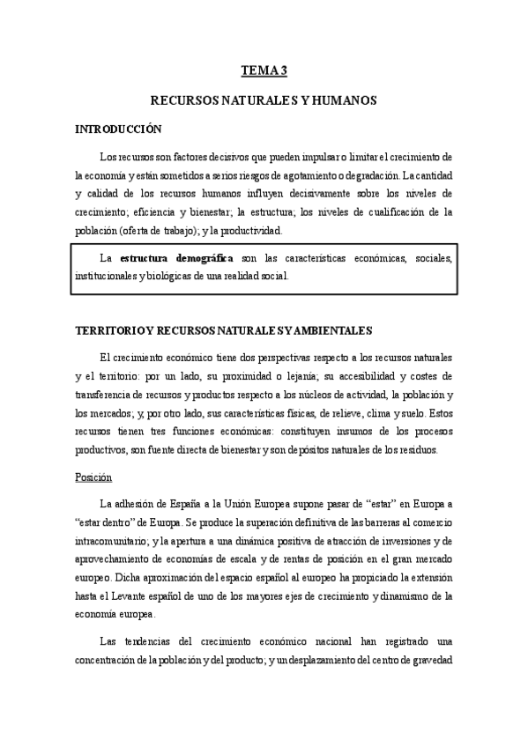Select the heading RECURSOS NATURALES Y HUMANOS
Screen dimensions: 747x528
click(x=264, y=101)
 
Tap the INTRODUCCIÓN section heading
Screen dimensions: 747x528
click(x=118, y=129)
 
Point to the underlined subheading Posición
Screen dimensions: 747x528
click(x=93, y=477)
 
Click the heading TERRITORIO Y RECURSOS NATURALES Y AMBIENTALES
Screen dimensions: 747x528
click(x=225, y=330)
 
